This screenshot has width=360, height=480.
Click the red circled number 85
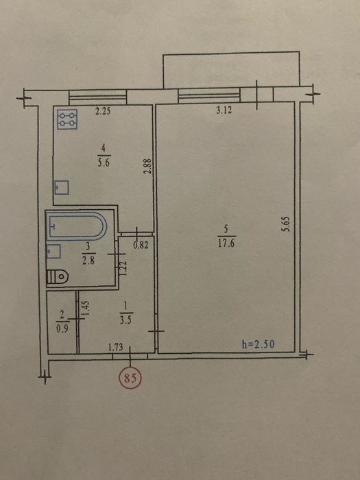130,379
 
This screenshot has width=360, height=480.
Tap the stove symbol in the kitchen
67,119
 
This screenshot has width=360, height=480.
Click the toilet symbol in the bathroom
57,276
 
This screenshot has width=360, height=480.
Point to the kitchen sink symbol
62,187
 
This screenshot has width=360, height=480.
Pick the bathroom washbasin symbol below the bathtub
53,252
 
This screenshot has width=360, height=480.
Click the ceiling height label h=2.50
258,344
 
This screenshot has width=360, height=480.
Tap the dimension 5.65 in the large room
286,224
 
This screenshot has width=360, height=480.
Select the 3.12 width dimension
224,110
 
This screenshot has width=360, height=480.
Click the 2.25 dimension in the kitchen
103,111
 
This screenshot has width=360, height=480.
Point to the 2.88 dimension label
148,166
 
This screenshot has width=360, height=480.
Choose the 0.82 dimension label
141,245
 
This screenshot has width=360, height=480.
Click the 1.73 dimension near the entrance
115,347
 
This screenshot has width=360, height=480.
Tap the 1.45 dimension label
86,309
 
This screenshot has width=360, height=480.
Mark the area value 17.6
226,243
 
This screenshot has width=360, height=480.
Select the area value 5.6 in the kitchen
104,163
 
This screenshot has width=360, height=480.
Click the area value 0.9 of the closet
62,329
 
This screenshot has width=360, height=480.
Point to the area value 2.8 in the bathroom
88,261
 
